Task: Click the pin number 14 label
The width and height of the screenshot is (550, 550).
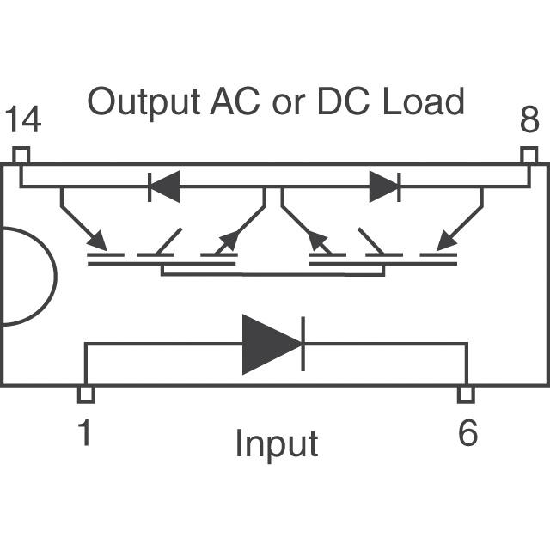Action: point(23,121)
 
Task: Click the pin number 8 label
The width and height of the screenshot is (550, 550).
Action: point(529,121)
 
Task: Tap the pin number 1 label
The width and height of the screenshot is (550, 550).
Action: point(84,432)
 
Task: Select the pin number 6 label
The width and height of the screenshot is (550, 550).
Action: point(467,432)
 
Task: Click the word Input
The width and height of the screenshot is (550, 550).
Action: point(276,444)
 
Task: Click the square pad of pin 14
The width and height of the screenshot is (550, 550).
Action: point(21,156)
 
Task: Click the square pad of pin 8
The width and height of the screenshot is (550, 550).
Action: point(529,156)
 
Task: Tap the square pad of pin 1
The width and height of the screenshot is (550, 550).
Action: point(85,394)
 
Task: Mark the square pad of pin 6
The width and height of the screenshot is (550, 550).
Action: point(466,394)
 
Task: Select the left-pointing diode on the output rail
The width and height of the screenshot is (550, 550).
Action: point(165,186)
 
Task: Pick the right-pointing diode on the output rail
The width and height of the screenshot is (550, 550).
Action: point(383,186)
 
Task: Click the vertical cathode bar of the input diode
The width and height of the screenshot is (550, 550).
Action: point(302,344)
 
